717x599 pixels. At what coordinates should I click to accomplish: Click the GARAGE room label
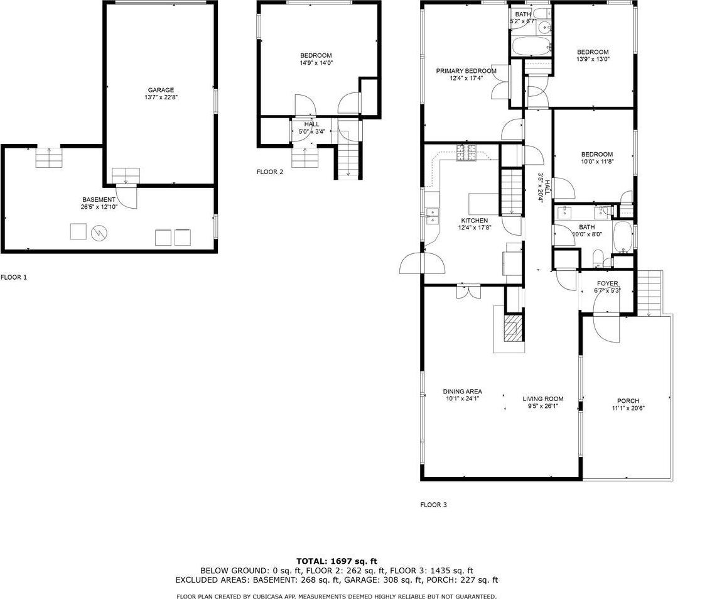pos(161,90)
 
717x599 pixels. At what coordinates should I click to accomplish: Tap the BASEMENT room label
pos(98,199)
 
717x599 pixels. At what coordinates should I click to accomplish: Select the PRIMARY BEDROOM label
pos(466,71)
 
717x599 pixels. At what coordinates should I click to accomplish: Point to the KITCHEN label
pos(475,221)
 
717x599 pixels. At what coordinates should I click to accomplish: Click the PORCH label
pos(628,401)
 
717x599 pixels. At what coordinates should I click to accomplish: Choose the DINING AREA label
pos(462,392)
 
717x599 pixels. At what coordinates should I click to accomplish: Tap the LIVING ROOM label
pos(543,398)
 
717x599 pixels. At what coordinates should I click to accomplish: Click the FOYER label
pos(607,283)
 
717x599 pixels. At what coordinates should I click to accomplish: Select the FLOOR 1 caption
pos(14,277)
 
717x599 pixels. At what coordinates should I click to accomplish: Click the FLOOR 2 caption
pos(270,172)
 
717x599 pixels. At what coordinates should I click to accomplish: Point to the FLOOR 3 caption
pos(433,504)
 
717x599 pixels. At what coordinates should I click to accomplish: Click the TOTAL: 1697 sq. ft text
pos(337,560)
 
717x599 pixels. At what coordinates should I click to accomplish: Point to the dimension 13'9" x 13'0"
pos(593,59)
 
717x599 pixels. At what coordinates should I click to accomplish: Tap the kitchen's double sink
pos(431,216)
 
